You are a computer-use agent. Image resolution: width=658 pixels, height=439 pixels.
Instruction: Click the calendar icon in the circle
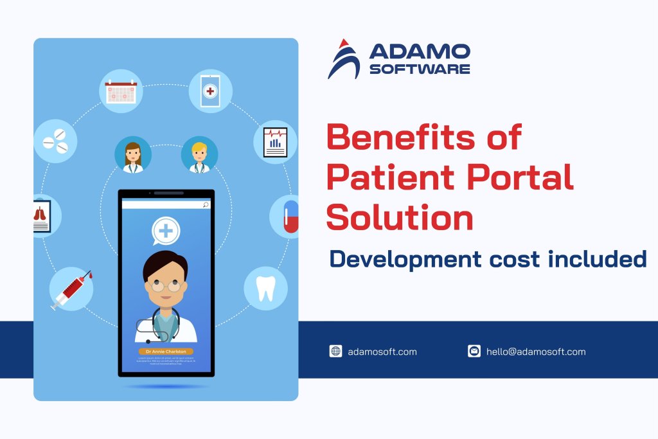coord(121,91)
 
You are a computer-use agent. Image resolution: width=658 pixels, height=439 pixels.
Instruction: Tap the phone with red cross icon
coord(210,91)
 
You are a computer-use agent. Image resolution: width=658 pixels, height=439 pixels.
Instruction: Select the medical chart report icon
coord(276,141)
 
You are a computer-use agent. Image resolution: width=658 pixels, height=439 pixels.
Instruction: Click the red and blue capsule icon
coord(291,215)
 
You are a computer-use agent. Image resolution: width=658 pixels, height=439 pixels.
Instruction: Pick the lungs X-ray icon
coord(42,216)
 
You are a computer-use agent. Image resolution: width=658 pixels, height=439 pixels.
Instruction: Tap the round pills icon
coord(55,141)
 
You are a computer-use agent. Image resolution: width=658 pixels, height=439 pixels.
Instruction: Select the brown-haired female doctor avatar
coord(133,155)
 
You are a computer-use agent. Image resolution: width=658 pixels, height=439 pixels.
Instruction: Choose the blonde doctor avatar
coord(200,155)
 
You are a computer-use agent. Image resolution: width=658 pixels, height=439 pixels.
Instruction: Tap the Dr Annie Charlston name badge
coord(166,352)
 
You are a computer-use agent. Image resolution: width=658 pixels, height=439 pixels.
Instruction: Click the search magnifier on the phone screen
coord(206,205)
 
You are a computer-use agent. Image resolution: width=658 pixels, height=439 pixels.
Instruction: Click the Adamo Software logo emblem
coord(344,59)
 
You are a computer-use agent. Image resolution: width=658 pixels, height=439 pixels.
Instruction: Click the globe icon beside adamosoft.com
coord(335,351)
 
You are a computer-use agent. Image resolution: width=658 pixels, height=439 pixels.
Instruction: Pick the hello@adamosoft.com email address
coord(536,352)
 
